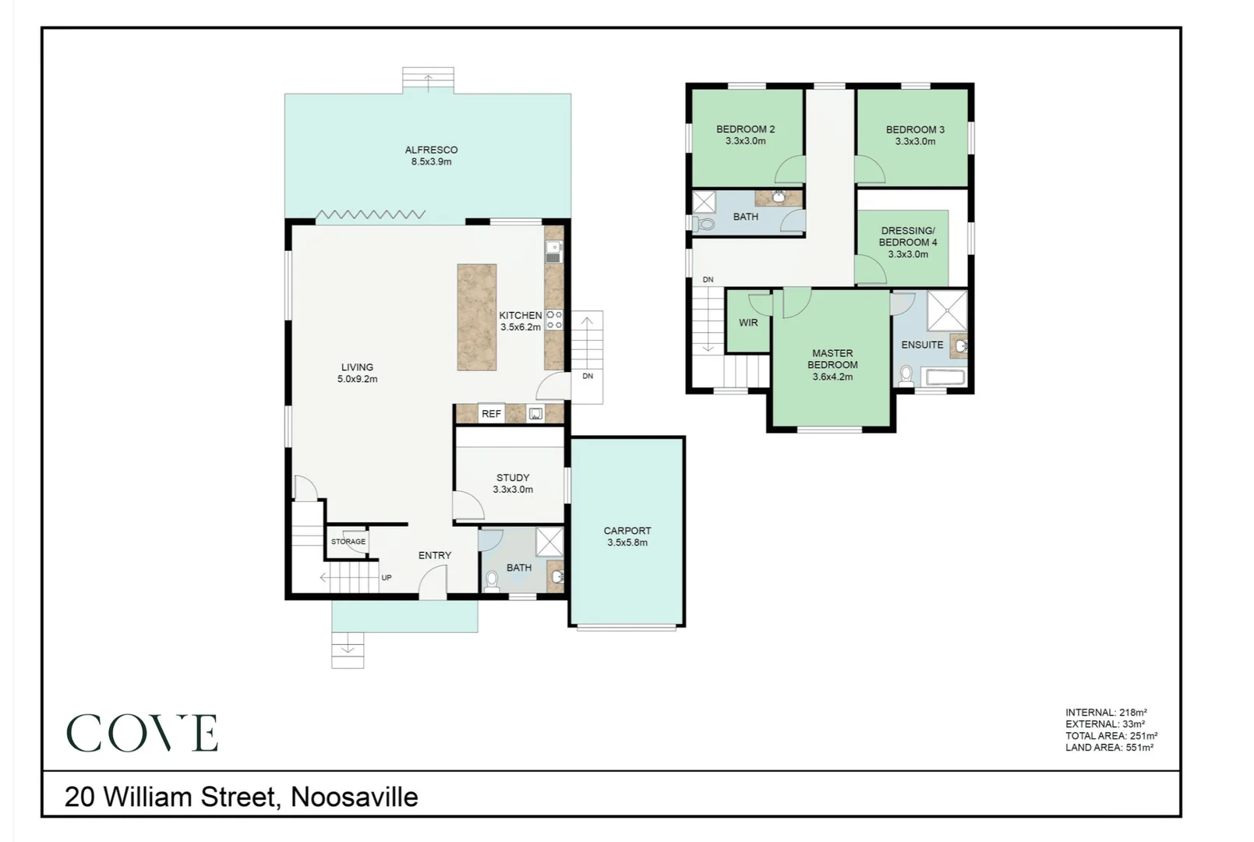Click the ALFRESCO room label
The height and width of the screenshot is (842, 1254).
(431, 155)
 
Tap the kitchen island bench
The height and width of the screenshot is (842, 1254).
(476, 317)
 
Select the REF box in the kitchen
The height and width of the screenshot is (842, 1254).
(491, 414)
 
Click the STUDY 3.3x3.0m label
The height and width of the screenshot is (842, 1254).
(513, 483)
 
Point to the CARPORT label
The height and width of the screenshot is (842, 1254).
(627, 536)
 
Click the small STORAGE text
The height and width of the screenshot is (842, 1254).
(348, 541)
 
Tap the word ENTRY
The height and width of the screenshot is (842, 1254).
(434, 555)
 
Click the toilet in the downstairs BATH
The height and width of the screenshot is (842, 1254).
(492, 582)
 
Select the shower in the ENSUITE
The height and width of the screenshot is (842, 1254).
(947, 310)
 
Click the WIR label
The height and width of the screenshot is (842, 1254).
(748, 322)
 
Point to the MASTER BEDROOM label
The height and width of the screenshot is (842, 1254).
(832, 364)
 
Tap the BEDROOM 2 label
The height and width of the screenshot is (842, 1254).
(745, 135)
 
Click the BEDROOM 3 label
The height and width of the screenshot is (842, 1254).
(915, 135)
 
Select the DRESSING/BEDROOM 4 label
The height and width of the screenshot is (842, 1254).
(908, 242)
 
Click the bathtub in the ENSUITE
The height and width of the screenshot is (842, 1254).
(945, 377)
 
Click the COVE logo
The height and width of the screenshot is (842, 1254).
(142, 733)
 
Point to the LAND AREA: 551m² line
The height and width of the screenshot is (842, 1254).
(1108, 747)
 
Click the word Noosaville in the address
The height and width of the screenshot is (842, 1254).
(354, 797)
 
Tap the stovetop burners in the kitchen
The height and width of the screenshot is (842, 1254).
(554, 320)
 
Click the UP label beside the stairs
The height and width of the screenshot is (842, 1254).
(386, 578)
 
